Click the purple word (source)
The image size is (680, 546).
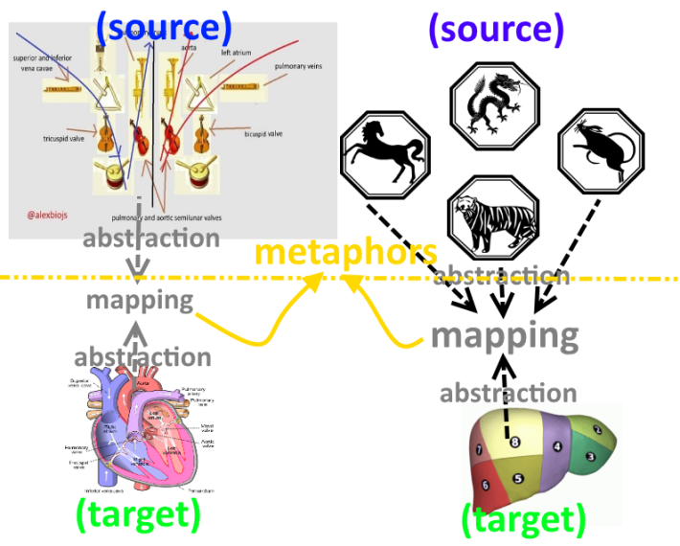pyautogui.click(x=495, y=29)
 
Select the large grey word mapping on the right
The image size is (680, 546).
pyautogui.click(x=504, y=335)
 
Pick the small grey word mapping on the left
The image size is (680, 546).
pyautogui.click(x=139, y=300)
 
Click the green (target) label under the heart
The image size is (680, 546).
pyautogui.click(x=139, y=514)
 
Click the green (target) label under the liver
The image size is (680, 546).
pyautogui.click(x=523, y=519)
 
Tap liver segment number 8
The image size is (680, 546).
pyautogui.click(x=515, y=443)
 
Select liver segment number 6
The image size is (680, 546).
pyautogui.click(x=485, y=486)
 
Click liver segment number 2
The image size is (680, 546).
pyautogui.click(x=597, y=430)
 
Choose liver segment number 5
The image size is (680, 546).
pyautogui.click(x=518, y=479)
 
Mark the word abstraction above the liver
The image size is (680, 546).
pyautogui.click(x=509, y=393)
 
